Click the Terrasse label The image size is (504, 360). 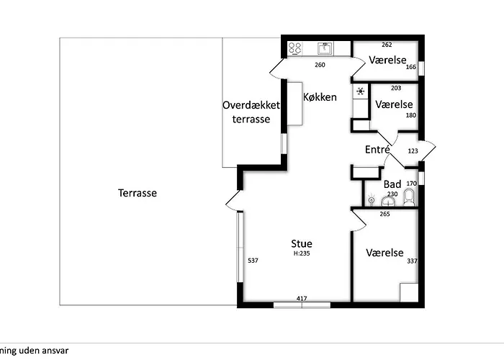click(x=138, y=193)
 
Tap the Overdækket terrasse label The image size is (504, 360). click(x=251, y=112)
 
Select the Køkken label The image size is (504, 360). click(x=320, y=97)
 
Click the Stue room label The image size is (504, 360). click(x=302, y=243)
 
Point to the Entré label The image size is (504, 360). click(x=378, y=149)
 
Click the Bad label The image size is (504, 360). click(x=392, y=184)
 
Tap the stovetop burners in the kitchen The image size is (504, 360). click(x=294, y=48)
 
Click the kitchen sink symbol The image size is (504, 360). click(x=325, y=48)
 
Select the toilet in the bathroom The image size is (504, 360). click(x=409, y=197)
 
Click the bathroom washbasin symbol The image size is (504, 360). click(x=388, y=202)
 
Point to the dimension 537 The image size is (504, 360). click(x=253, y=261)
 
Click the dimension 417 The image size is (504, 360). click(x=302, y=299)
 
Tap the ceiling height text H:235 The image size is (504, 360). click(x=302, y=253)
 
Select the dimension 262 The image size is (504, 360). click(x=387, y=45)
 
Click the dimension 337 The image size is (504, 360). click(x=412, y=261)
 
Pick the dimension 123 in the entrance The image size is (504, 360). click(x=413, y=150)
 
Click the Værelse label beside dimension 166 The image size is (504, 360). click(x=387, y=60)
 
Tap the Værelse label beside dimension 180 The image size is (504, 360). click(x=394, y=104)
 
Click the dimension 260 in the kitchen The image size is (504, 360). click(x=320, y=65)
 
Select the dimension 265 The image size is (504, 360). click(x=384, y=214)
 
